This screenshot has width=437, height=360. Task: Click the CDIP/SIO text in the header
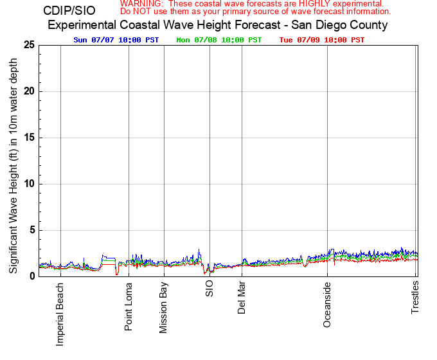click(69, 11)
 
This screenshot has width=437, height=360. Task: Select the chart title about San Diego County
click(218, 26)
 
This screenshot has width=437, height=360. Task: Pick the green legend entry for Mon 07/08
click(219, 40)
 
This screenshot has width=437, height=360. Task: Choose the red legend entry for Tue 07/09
click(322, 40)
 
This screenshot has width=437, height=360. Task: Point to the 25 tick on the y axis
click(29, 45)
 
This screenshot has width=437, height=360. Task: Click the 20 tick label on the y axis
click(29, 91)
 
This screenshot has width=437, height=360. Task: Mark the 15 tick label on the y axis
click(29, 138)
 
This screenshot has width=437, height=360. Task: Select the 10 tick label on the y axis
click(29, 184)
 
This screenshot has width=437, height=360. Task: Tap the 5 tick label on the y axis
click(31, 230)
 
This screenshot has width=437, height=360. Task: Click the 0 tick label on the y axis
click(31, 276)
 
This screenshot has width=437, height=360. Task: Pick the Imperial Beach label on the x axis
click(60, 314)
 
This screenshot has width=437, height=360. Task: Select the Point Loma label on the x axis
click(129, 307)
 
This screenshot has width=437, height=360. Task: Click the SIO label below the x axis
click(210, 289)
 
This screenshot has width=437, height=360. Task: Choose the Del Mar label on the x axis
click(242, 298)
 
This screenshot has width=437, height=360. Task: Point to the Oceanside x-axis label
click(327, 305)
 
